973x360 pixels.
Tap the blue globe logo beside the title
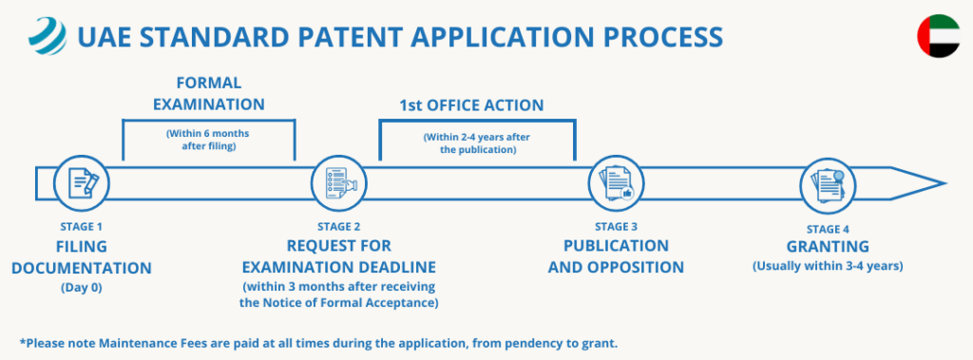coord(47,39)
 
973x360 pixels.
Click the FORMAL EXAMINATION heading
coord(210,93)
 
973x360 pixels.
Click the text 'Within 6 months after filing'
coord(209,140)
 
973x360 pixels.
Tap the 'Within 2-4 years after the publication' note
coord(476,144)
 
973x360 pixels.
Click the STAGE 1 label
coord(81,227)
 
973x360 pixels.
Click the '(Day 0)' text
coord(81,287)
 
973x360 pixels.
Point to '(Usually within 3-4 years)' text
coord(827,266)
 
